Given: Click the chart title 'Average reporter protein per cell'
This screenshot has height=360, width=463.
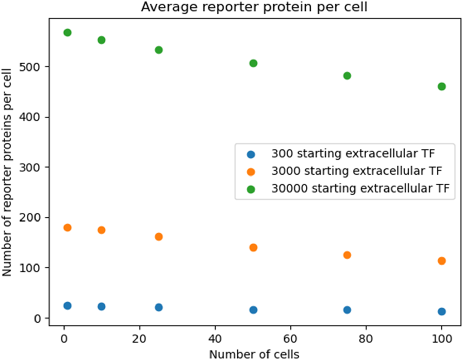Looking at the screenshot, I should pos(254,7).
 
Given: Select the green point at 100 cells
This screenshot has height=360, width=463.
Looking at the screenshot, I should pos(441,86).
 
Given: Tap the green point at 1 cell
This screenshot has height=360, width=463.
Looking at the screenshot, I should pos(67,33).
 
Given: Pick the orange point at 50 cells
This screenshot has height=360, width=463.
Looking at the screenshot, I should pos(253,248).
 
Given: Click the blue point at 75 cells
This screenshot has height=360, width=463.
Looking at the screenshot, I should pos(347,310).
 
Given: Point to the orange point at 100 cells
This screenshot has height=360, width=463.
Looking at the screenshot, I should pos(441,261).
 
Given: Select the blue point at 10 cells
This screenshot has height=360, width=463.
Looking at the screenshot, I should pos(101,306).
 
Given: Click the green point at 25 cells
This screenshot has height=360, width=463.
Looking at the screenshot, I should pos(159,50).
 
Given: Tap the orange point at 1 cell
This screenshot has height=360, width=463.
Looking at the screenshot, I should pos(67,228).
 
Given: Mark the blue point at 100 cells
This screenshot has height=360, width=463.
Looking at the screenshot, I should pos(441,312).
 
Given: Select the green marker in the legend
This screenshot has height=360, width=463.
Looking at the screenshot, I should pos(251,189).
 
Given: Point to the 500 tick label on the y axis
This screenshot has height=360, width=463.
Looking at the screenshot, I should pos(30,67).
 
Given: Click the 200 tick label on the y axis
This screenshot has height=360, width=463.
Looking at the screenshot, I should pos(30,217).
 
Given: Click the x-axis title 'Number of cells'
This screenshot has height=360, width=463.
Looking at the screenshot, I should pos(254,354).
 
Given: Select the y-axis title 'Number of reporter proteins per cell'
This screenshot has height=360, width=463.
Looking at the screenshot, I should pos(7,172).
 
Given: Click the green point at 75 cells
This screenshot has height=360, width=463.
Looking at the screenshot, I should pos(347,76).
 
